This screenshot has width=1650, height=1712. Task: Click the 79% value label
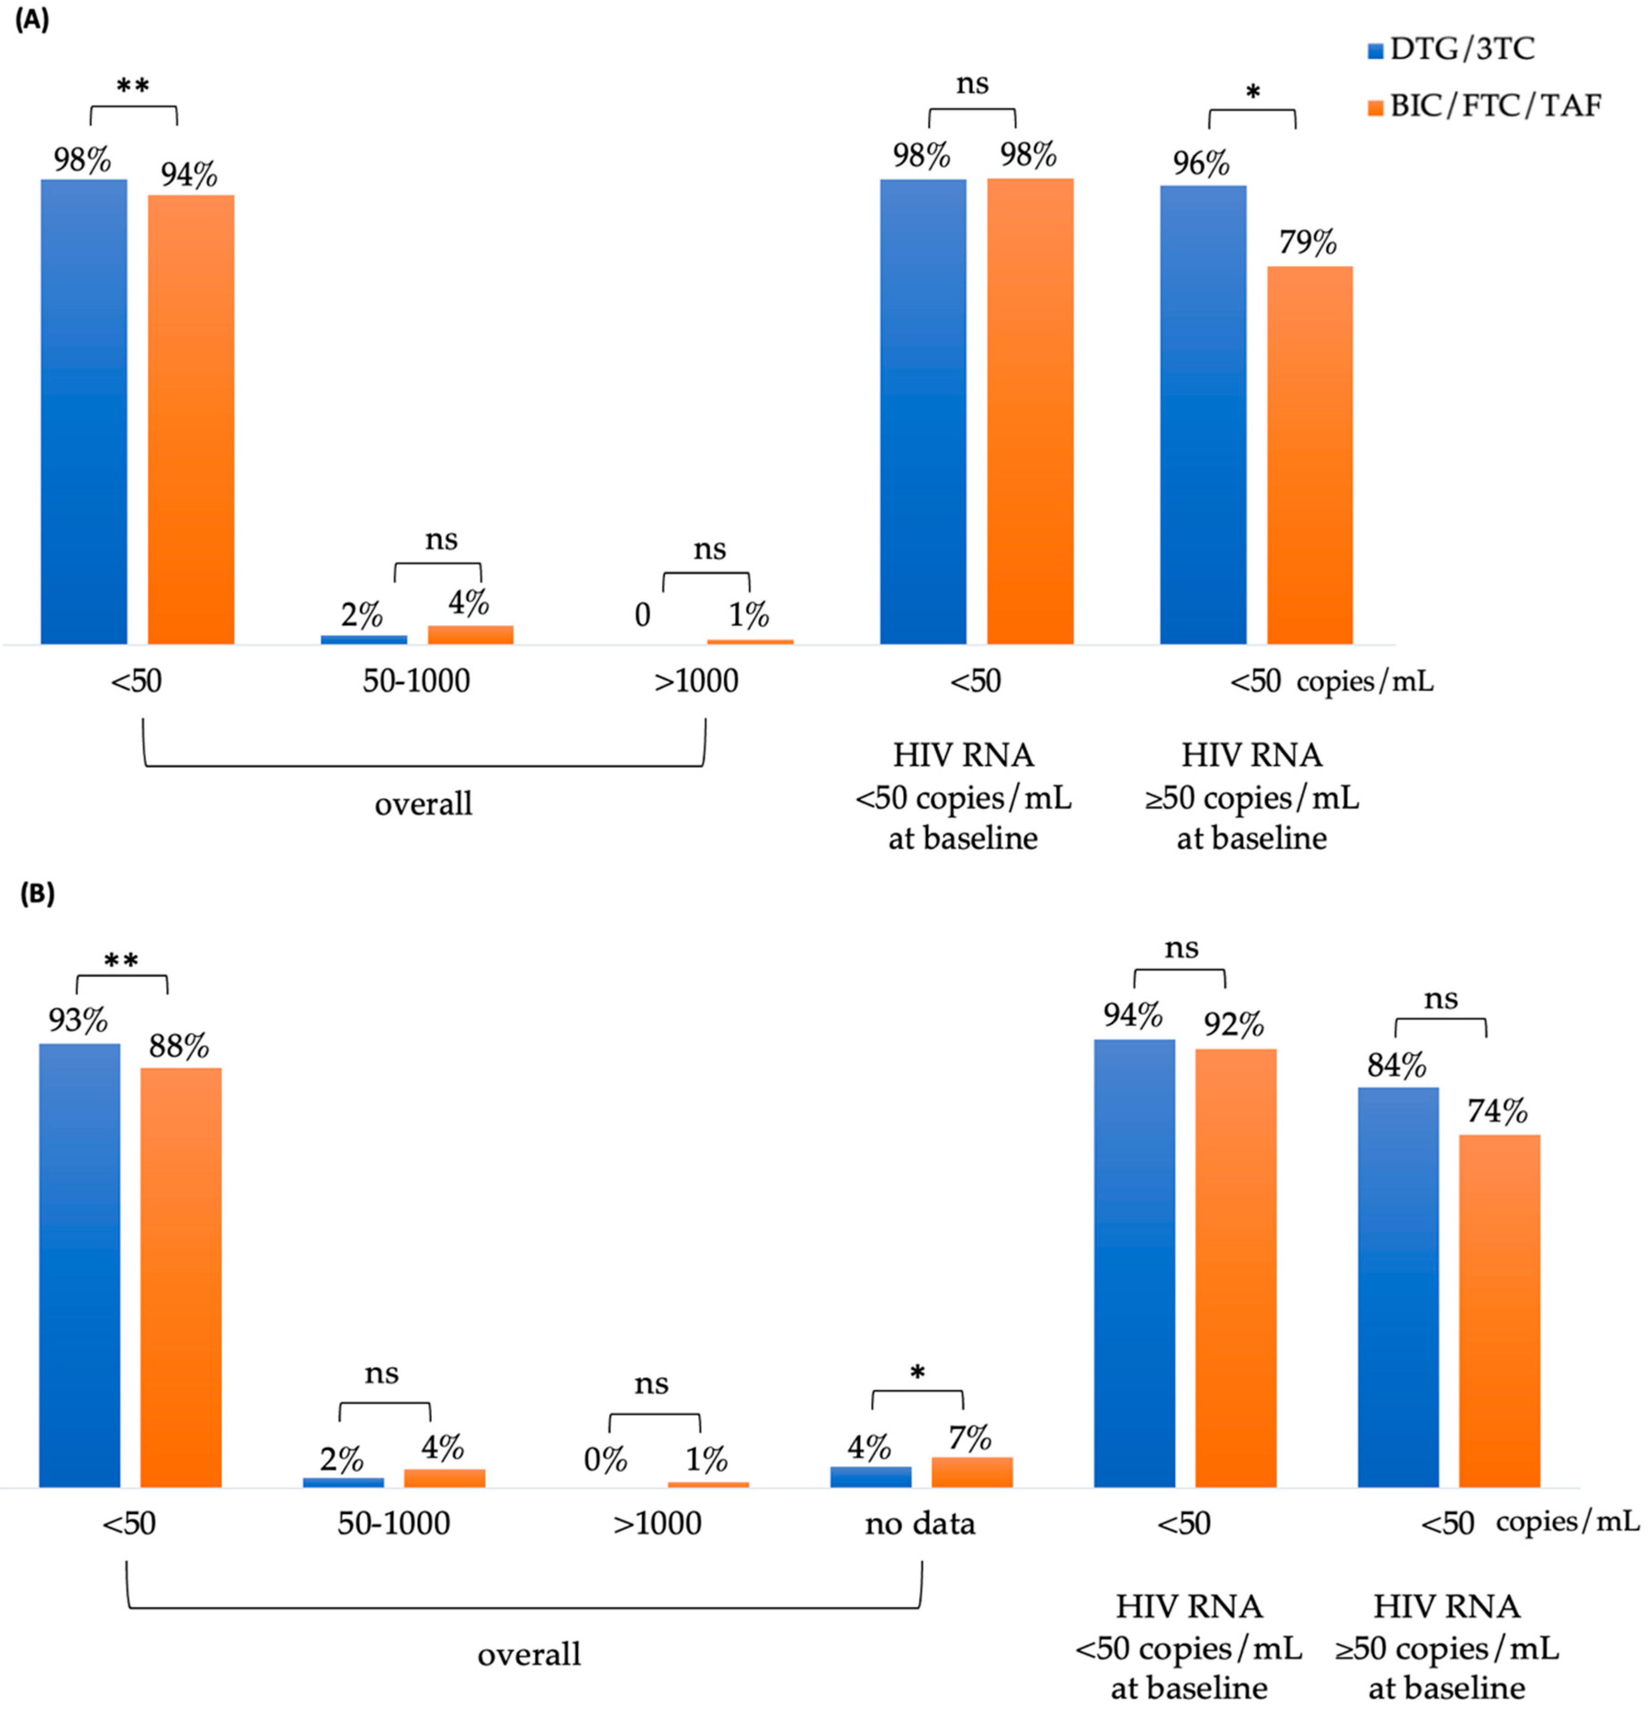[1308, 242]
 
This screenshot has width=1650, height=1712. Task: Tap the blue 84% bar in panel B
[1397, 1287]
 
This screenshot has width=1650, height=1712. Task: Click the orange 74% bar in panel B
[1499, 1310]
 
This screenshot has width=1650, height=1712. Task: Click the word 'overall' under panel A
[424, 803]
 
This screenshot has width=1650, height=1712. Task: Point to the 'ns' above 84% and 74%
[1441, 998]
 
